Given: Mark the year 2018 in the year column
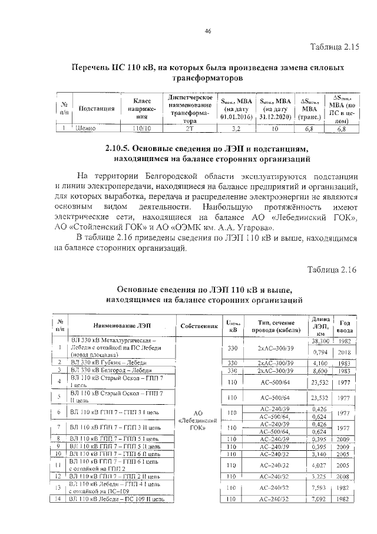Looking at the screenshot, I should click(345, 352).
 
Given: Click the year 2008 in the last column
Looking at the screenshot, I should click(345, 476).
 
